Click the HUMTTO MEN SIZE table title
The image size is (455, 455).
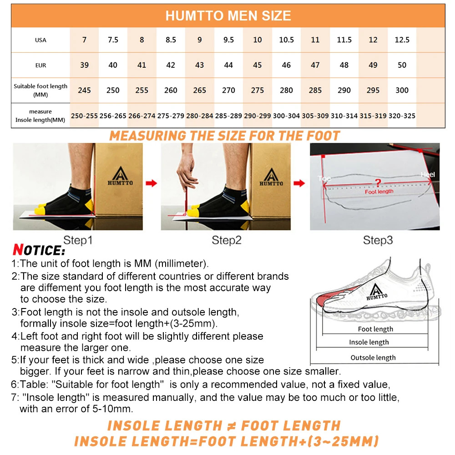(228, 16)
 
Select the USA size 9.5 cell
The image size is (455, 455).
(228, 40)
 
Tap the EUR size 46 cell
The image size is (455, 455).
(286, 65)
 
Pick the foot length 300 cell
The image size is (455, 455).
(402, 91)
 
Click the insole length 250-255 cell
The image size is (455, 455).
(84, 116)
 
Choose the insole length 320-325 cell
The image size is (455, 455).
(402, 116)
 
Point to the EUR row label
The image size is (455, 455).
(40, 66)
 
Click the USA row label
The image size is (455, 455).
(40, 40)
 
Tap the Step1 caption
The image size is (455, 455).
(77, 240)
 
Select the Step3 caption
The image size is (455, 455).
(378, 240)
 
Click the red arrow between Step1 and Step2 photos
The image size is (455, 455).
(151, 183)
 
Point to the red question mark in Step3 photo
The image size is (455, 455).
(377, 182)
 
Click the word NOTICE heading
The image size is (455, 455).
(39, 250)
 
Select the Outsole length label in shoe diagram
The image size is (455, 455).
(373, 358)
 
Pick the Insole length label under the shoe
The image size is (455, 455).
(369, 342)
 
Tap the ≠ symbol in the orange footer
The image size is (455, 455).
(232, 426)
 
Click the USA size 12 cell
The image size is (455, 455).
(373, 40)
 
